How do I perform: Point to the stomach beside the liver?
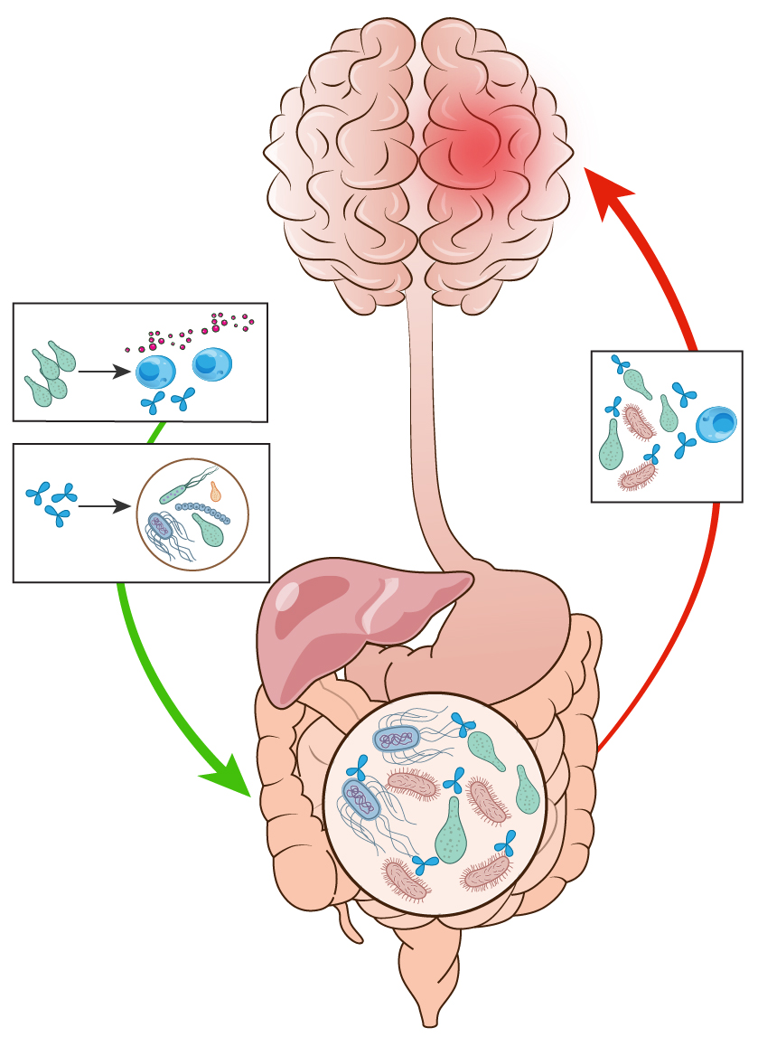pyautogui.click(x=515, y=633)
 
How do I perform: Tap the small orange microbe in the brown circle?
pyautogui.click(x=215, y=491)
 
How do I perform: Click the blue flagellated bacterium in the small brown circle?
pyautogui.click(x=160, y=525)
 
